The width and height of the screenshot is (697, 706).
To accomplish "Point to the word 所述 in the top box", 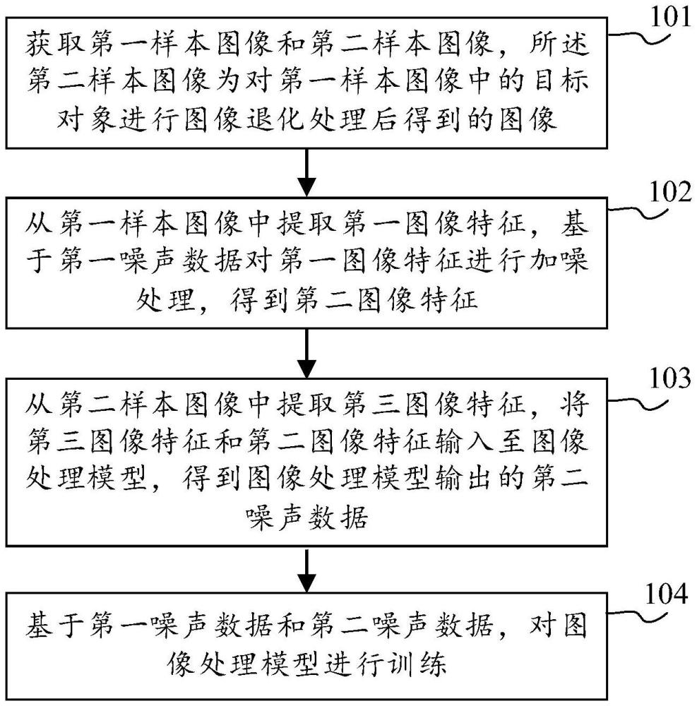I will pos(562,50).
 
